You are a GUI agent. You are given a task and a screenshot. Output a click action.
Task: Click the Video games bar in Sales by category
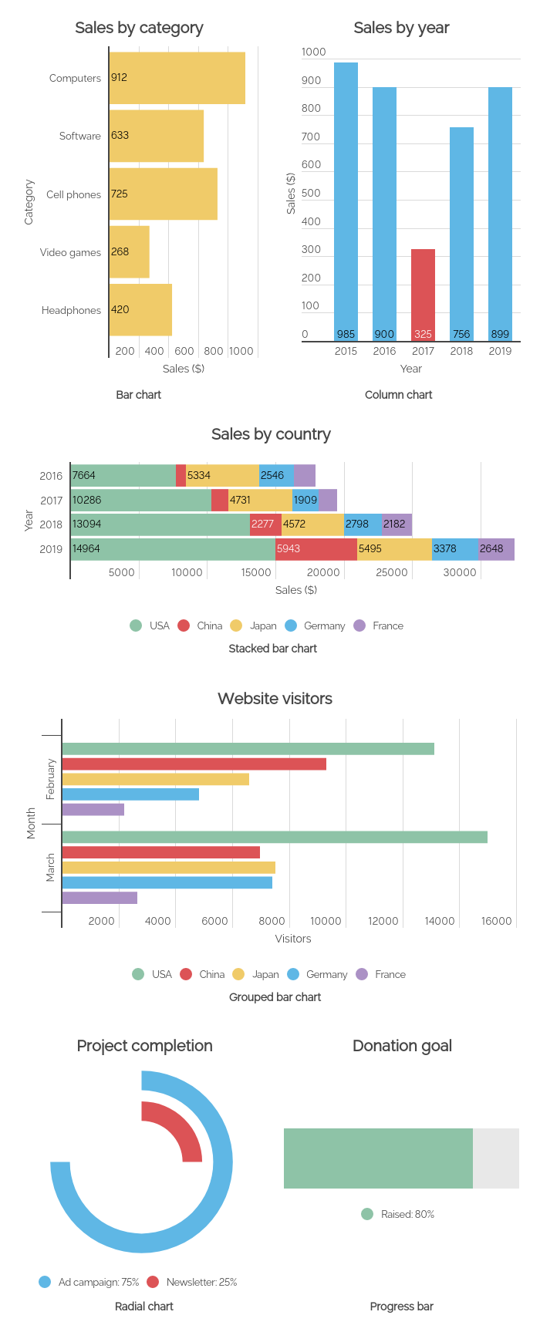pos(130,251)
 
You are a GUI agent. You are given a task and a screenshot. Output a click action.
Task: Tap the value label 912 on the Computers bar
pos(119,77)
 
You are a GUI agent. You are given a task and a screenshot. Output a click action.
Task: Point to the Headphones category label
pos(71,310)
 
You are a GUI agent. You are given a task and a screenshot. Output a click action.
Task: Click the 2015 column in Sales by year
pos(346,201)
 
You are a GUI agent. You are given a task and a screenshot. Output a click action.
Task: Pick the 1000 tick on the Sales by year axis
pos(313,52)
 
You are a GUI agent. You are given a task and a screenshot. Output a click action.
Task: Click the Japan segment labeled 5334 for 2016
pos(222,476)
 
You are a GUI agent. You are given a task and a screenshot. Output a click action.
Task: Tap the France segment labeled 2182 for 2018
pos(397,524)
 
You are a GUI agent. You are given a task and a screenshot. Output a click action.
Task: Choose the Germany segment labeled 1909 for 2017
pos(305,500)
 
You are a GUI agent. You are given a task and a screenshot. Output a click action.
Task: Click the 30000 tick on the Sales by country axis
pos(460,572)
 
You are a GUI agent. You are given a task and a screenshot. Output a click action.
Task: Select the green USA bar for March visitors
pos(275,837)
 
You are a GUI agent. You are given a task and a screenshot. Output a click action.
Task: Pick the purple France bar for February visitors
pos(93,809)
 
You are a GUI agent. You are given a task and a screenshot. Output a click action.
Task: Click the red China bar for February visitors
pos(194,764)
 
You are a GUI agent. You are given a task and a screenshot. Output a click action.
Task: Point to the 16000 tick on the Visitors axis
pos(496,921)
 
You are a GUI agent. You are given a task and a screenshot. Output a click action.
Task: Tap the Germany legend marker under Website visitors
pos(293,974)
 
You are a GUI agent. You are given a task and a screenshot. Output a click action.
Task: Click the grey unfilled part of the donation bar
pos(496,1158)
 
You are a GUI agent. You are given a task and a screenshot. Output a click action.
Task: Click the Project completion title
pos(144,1046)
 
